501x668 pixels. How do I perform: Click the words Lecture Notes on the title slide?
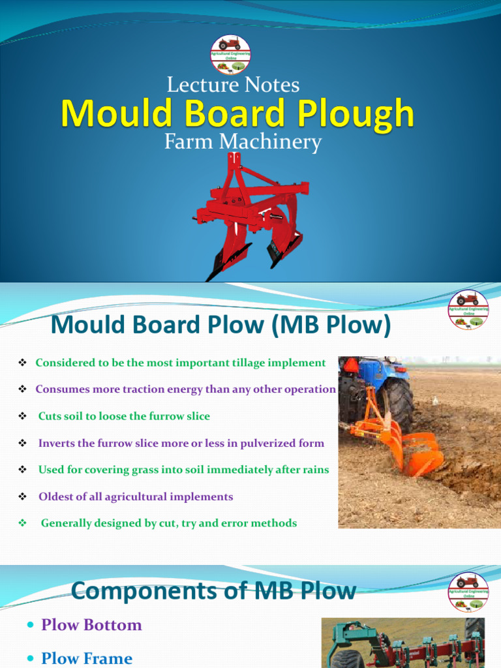pyautogui.click(x=233, y=85)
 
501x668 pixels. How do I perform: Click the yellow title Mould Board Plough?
pyautogui.click(x=237, y=114)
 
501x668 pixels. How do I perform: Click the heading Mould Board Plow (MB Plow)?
pyautogui.click(x=220, y=325)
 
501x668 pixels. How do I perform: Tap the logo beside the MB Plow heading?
pyautogui.click(x=468, y=309)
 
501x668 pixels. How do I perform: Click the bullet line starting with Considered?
pyautogui.click(x=180, y=363)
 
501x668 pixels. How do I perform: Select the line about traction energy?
pyautogui.click(x=185, y=389)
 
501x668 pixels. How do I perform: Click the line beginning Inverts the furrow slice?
pyautogui.click(x=181, y=444)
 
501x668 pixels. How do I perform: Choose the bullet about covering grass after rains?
pyautogui.click(x=183, y=470)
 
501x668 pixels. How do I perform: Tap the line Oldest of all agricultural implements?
pyautogui.click(x=135, y=497)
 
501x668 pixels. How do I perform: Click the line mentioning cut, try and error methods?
pyautogui.click(x=168, y=523)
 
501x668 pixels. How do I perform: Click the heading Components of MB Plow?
pyautogui.click(x=213, y=591)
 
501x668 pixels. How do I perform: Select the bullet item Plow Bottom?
pyautogui.click(x=91, y=625)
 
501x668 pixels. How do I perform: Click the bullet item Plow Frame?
pyautogui.click(x=86, y=658)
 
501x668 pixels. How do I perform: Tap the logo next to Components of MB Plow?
pyautogui.click(x=468, y=592)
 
